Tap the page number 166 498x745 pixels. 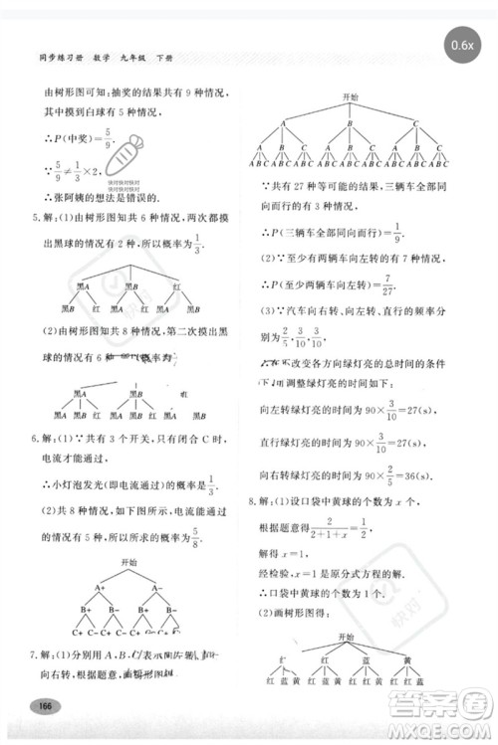click(x=42, y=705)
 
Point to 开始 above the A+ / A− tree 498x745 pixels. click(x=128, y=563)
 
